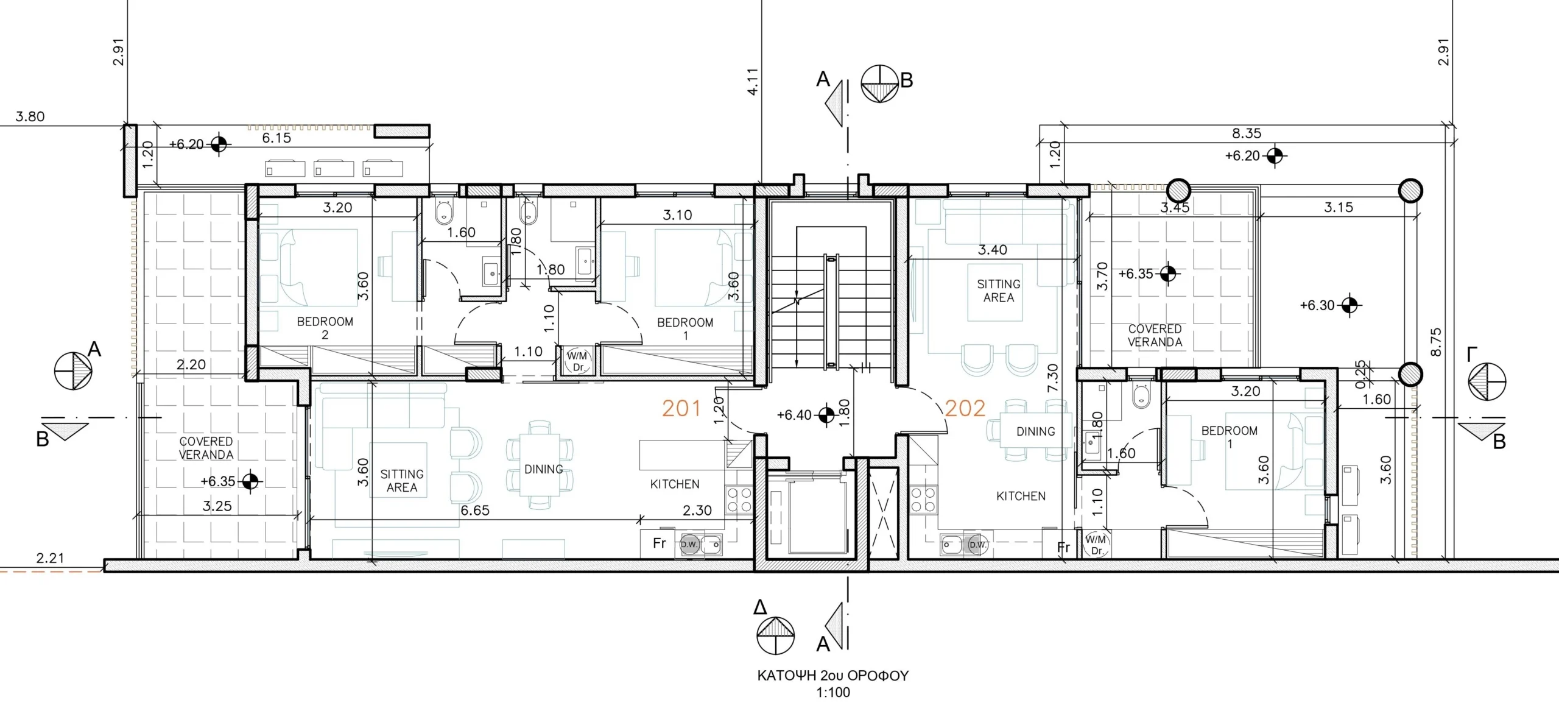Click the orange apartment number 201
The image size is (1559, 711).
681,408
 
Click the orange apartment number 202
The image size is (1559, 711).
965,408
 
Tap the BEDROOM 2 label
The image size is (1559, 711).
325,328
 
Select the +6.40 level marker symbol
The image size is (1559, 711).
826,415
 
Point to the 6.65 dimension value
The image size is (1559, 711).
475,511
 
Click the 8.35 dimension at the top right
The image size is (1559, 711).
1247,133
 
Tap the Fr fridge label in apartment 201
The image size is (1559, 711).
659,543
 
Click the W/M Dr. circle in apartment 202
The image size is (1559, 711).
1096,545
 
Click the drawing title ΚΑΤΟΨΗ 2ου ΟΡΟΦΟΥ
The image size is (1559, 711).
832,676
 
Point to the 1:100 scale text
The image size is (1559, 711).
833,693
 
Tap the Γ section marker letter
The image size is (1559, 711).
1473,354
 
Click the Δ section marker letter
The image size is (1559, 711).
760,607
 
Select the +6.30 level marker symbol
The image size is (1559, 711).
1350,305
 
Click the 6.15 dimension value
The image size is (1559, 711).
276,138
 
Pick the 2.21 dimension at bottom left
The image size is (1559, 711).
50,558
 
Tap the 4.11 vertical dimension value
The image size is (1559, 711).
753,81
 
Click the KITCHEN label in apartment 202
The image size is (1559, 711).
1021,497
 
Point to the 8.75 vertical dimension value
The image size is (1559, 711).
1436,342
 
